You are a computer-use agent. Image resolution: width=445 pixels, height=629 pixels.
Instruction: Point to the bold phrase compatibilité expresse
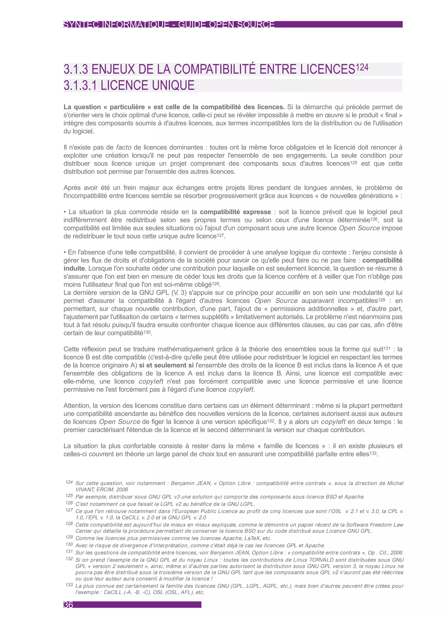point(235,212)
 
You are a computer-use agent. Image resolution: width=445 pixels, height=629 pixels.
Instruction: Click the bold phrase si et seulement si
point(166,365)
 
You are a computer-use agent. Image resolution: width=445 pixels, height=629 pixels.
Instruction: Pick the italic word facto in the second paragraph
point(124,147)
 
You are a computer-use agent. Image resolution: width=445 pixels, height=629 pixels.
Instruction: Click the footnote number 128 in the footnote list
point(69,523)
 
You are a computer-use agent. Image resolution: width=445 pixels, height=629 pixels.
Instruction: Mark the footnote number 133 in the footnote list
point(69,585)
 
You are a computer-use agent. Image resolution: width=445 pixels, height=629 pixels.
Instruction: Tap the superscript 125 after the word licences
point(354,163)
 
